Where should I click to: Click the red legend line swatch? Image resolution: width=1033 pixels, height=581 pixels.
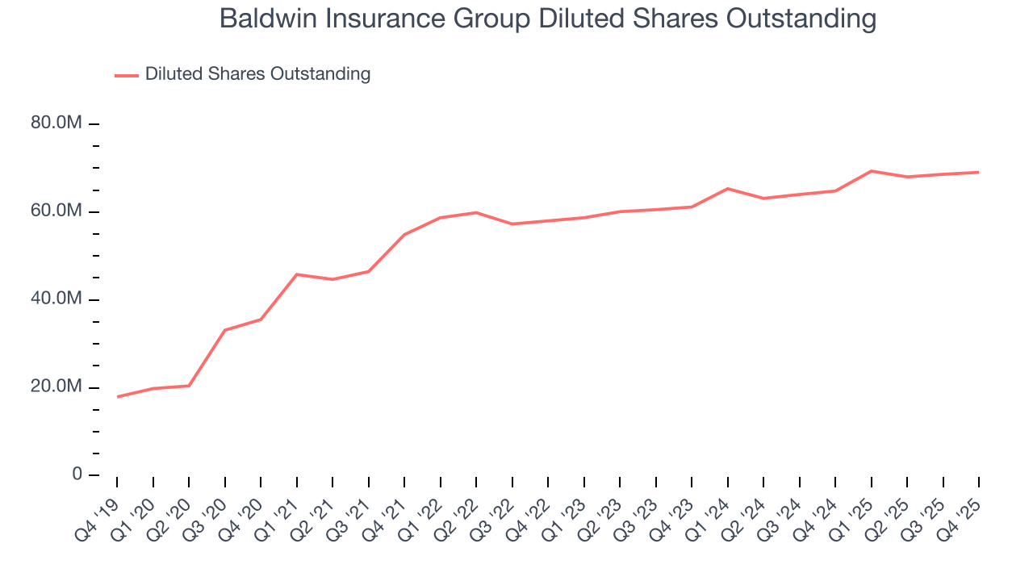click(x=127, y=75)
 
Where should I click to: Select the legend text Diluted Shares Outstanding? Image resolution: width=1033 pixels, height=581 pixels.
click(x=257, y=74)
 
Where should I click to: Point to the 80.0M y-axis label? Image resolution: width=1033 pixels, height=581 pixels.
click(x=56, y=123)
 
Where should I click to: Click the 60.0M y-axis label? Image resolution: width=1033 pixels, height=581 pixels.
click(x=56, y=211)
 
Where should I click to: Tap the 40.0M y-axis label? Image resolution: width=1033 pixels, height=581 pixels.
click(x=56, y=299)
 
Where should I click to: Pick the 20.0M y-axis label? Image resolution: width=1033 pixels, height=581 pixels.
click(x=56, y=387)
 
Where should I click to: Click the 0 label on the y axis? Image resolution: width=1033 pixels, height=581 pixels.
click(x=77, y=474)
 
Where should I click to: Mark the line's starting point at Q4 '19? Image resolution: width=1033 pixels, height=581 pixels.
click(x=118, y=397)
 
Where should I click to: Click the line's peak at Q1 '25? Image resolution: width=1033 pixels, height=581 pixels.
click(x=872, y=171)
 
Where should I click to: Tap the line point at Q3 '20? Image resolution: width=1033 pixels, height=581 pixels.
click(x=225, y=330)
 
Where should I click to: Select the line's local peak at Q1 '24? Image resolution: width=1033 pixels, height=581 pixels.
click(x=728, y=189)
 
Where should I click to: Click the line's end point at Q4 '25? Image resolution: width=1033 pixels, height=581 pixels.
click(x=979, y=172)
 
